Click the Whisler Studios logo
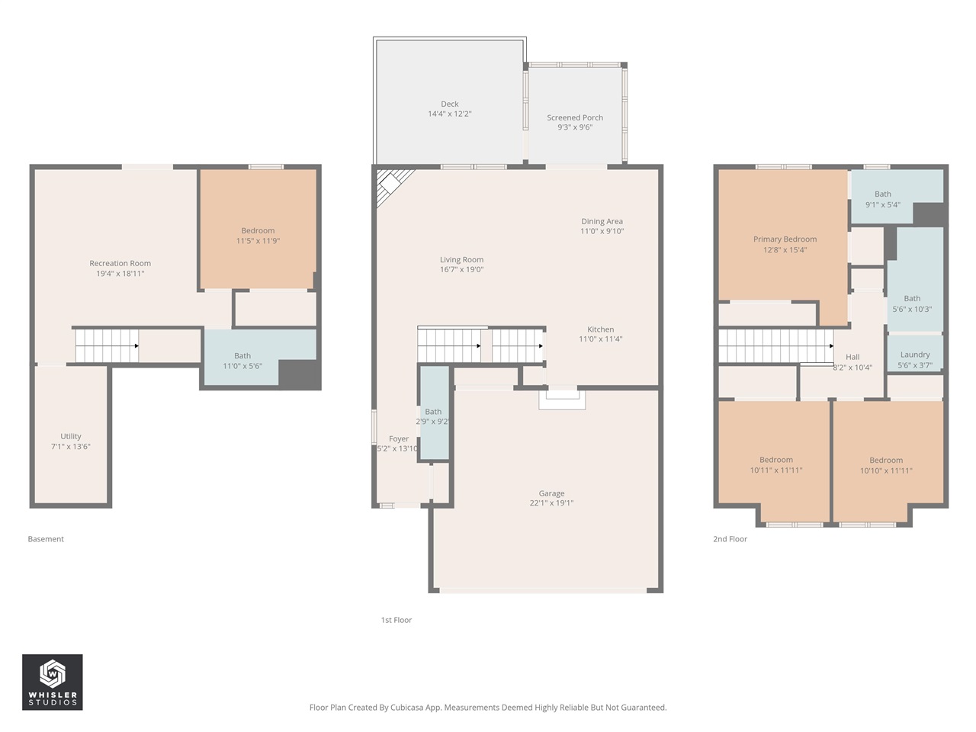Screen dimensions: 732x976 52,682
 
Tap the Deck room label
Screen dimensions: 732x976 450,104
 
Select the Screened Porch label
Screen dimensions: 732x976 575,118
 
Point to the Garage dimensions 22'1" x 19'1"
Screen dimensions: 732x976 551,503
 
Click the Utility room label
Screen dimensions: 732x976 71,437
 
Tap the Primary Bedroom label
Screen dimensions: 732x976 785,239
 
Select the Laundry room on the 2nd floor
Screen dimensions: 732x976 915,355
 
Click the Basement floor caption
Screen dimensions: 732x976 46,539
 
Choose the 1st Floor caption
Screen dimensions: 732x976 396,620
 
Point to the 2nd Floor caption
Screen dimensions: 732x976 730,539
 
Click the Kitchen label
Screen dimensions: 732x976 601,329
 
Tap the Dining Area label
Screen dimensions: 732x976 602,221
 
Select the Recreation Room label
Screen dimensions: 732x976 120,264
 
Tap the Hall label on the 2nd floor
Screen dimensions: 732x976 852,357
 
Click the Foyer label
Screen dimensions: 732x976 399,439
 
